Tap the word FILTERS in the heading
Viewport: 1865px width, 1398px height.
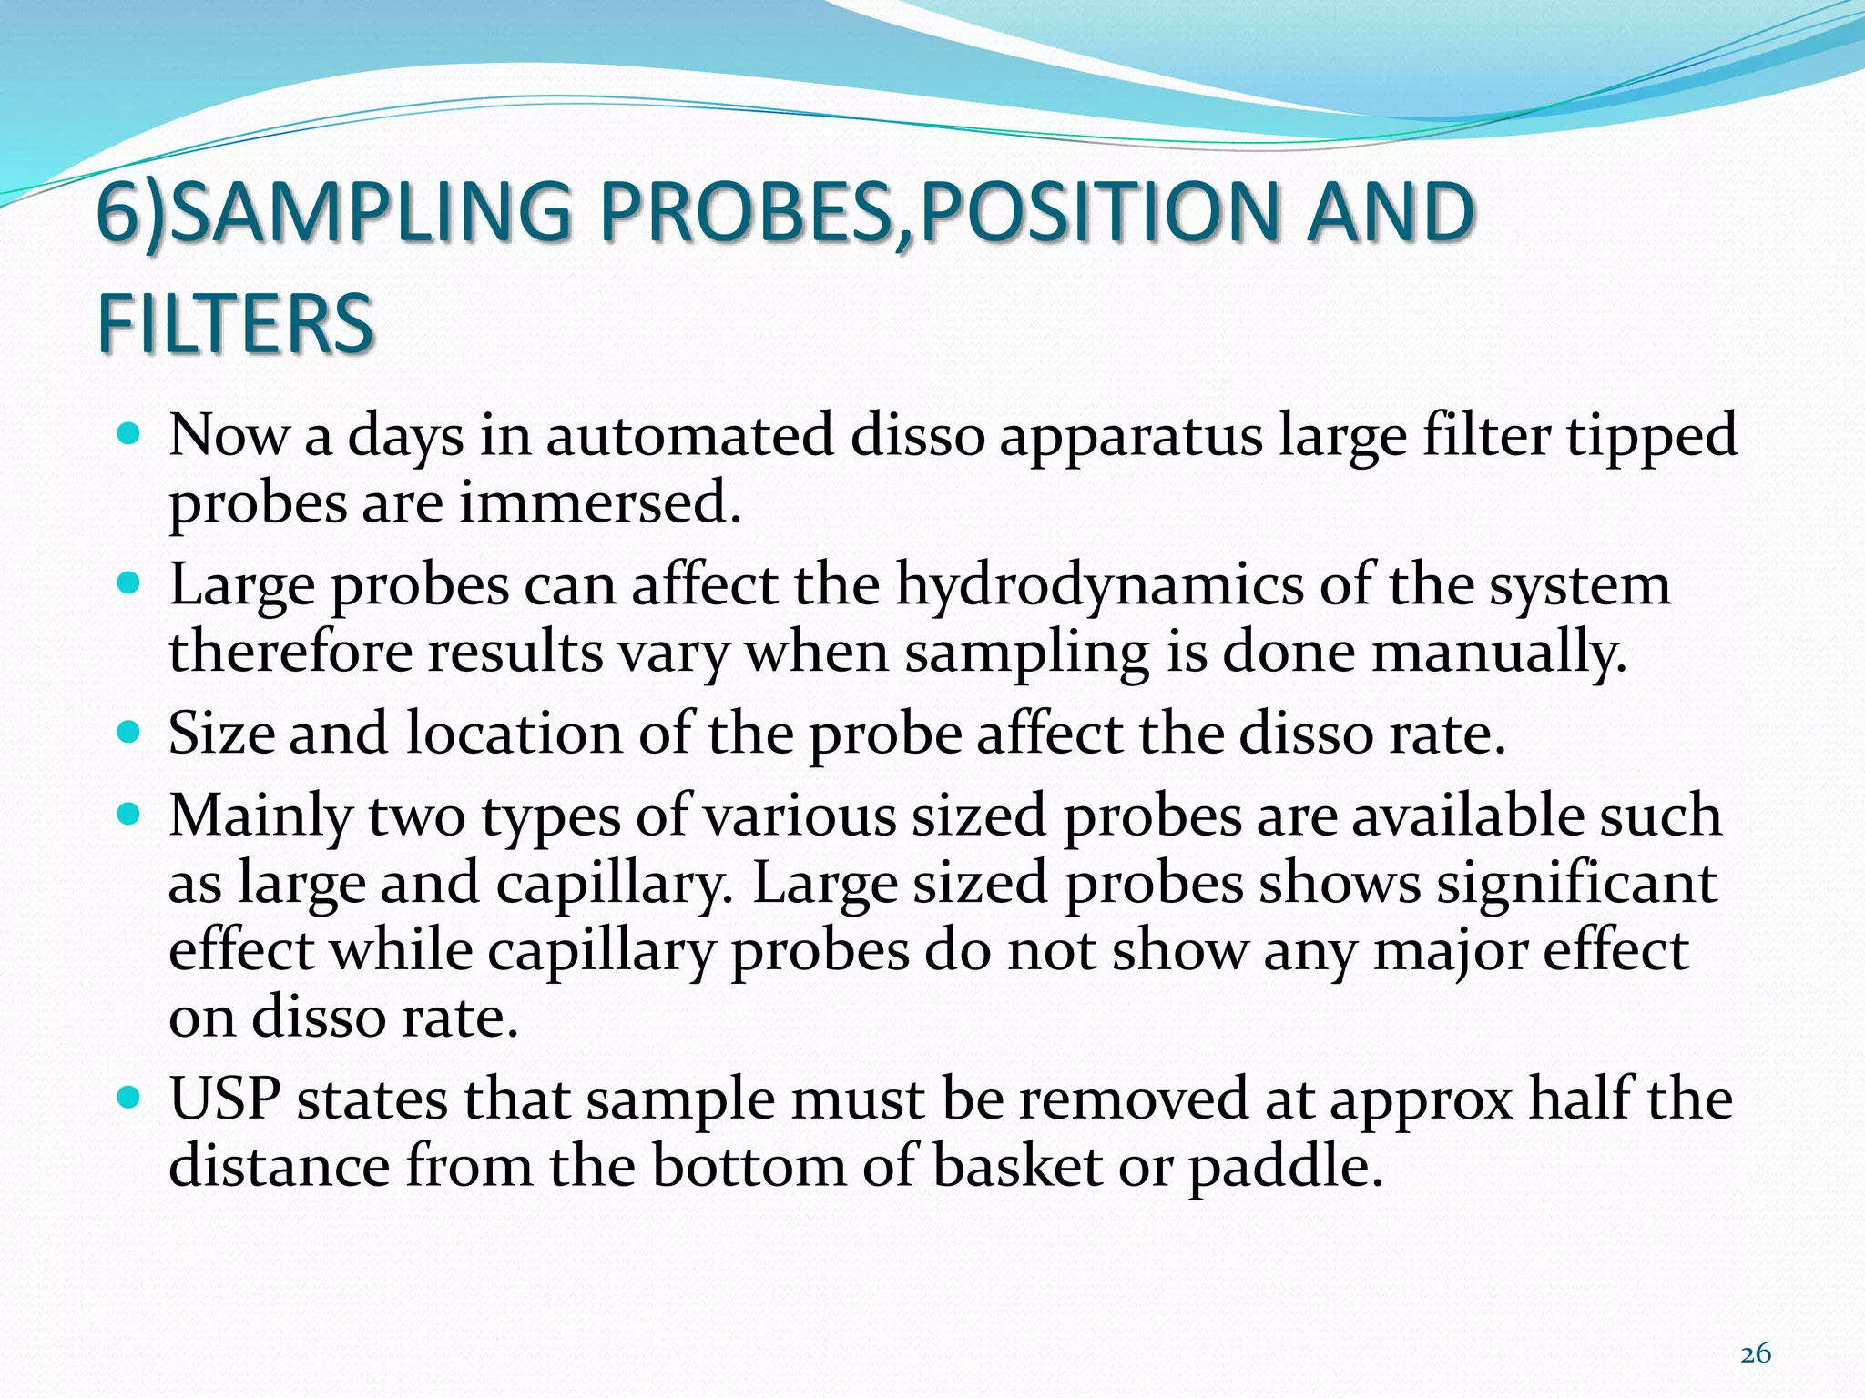[x=236, y=323]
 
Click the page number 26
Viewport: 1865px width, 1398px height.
[x=1755, y=1353]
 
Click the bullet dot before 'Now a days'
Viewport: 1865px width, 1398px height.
[x=130, y=433]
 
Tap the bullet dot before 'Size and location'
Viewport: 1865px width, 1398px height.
[x=130, y=731]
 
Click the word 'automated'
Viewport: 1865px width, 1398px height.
[x=689, y=434]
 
